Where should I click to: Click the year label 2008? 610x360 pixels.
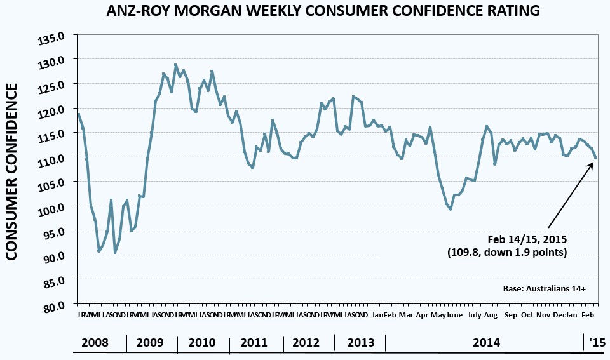point(95,343)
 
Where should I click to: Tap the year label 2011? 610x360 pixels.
point(254,343)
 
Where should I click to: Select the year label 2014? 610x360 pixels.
point(486,343)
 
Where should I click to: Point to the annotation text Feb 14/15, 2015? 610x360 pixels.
point(527,239)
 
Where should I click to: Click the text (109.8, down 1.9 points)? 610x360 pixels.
point(507,253)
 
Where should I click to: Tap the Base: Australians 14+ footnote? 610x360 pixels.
point(544,289)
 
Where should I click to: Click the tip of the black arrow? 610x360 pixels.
point(593,163)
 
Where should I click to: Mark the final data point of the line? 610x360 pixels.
point(596,158)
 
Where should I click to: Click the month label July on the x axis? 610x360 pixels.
point(474,315)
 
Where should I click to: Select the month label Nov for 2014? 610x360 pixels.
point(543,315)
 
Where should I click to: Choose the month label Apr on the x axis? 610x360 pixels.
point(422,315)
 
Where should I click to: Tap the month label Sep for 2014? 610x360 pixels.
point(511,315)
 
